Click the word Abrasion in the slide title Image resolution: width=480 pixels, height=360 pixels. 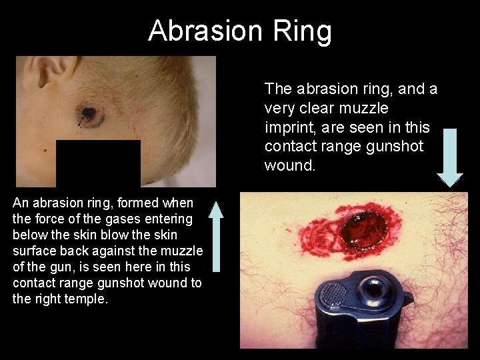pyautogui.click(x=206, y=31)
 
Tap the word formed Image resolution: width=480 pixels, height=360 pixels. pyautogui.click(x=138, y=203)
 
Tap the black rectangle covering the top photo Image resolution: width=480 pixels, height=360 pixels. pyautogui.click(x=98, y=163)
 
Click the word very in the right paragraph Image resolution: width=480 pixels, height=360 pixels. pyautogui.click(x=279, y=108)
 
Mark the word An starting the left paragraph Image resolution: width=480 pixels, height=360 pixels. pyautogui.click(x=21, y=203)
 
